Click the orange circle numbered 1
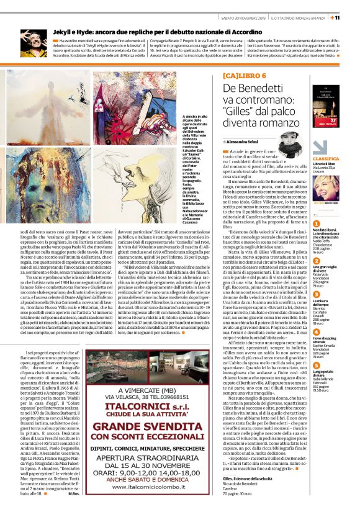point(316,223)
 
